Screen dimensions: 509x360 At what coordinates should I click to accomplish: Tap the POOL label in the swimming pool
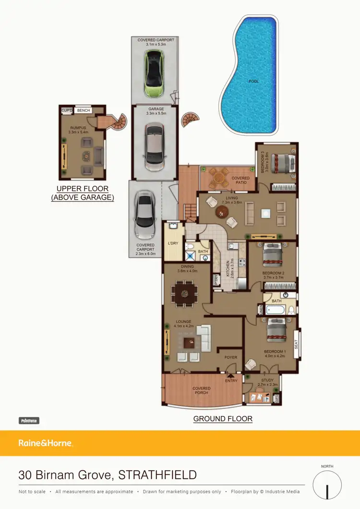click(x=253, y=82)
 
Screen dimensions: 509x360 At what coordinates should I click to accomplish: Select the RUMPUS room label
click(x=78, y=128)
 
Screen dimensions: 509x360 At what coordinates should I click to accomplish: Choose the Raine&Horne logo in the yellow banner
click(x=45, y=443)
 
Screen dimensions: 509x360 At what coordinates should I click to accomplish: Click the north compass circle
click(x=327, y=485)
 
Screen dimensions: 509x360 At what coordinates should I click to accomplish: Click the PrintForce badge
click(x=29, y=421)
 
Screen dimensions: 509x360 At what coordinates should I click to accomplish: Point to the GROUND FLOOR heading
click(x=223, y=419)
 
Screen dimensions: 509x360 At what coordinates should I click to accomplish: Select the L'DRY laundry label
click(x=173, y=243)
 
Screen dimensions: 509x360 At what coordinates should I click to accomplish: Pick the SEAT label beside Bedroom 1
click(x=296, y=344)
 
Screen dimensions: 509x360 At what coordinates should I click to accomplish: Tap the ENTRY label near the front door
click(x=231, y=381)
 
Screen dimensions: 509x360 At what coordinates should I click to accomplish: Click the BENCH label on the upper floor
click(x=84, y=111)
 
